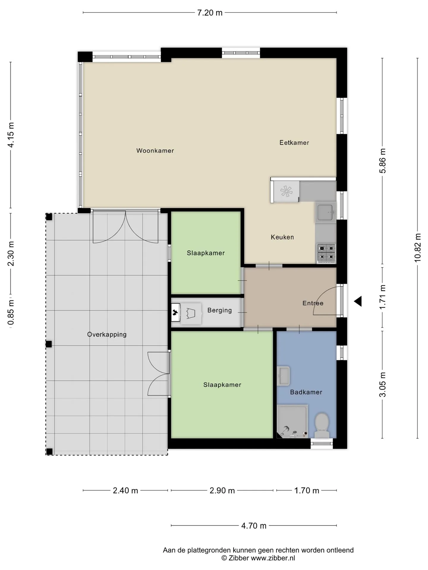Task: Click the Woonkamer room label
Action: pyautogui.click(x=155, y=151)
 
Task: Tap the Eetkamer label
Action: pyautogui.click(x=294, y=142)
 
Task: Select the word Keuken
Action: pyautogui.click(x=282, y=237)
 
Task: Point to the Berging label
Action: pyautogui.click(x=219, y=310)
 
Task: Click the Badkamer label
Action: pyautogui.click(x=306, y=392)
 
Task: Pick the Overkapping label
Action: pyautogui.click(x=107, y=335)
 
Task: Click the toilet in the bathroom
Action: pyautogui.click(x=322, y=425)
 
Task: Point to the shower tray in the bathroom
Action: pyautogui.click(x=292, y=421)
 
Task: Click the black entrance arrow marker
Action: pyautogui.click(x=358, y=301)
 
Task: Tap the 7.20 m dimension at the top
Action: pyautogui.click(x=210, y=13)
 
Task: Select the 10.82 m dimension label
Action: pyautogui.click(x=418, y=248)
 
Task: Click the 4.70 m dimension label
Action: pyautogui.click(x=254, y=526)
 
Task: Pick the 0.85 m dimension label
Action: pyautogui.click(x=11, y=312)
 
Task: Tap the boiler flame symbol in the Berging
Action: pyautogui.click(x=175, y=312)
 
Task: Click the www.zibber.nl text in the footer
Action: pyautogui.click(x=273, y=558)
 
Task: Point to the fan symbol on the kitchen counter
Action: pyautogui.click(x=286, y=191)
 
